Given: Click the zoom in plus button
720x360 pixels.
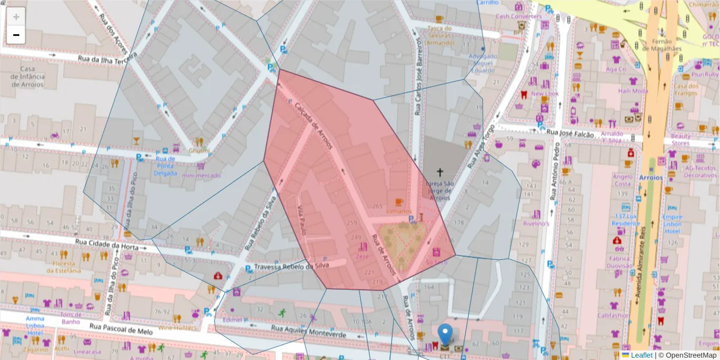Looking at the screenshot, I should click(16, 17).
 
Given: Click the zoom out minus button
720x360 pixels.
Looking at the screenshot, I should click(16, 35).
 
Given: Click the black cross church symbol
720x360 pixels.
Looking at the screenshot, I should click(442, 172).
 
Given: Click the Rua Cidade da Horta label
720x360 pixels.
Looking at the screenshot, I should click(106, 242).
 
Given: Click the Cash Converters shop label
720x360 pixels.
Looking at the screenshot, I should click(518, 16).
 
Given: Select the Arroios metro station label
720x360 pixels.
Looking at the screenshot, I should click(650, 178).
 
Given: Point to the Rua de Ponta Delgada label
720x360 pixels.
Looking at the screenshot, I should click(166, 166).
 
